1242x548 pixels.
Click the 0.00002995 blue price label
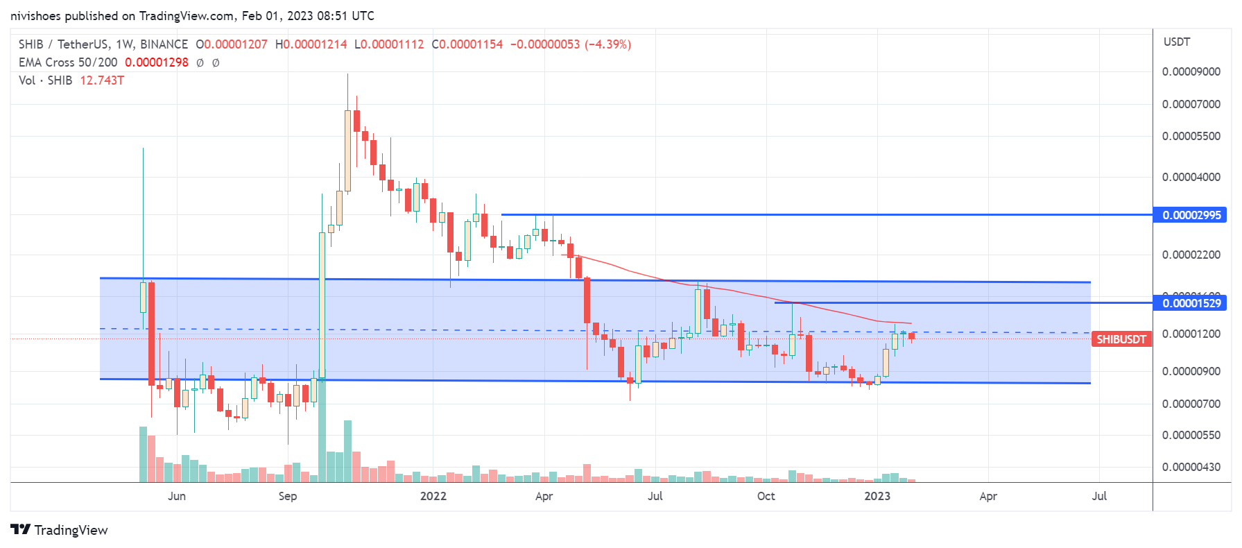click(x=1191, y=215)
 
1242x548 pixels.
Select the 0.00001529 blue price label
click(x=1191, y=303)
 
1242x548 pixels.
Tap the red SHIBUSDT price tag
click(x=1121, y=339)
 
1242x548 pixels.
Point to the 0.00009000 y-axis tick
click(x=1191, y=71)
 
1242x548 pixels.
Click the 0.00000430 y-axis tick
click(x=1191, y=467)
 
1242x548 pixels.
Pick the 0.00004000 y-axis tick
click(x=1191, y=177)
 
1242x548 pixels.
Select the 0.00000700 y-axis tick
click(x=1191, y=404)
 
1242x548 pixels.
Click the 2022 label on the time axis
click(x=433, y=496)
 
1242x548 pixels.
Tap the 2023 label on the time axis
click(x=877, y=496)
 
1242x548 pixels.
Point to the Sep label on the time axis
click(x=288, y=496)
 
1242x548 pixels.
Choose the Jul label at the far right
click(x=1099, y=496)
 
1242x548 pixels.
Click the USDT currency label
click(x=1177, y=42)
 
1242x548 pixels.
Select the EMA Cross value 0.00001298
click(x=156, y=62)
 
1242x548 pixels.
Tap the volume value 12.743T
click(x=102, y=80)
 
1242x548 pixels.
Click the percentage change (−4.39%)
click(x=608, y=44)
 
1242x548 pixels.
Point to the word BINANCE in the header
click(x=164, y=44)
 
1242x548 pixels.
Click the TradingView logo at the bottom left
click(x=60, y=530)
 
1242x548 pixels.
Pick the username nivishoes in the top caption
click(x=36, y=15)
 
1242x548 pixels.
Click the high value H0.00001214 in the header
click(x=311, y=44)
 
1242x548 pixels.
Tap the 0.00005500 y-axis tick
click(x=1191, y=136)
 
